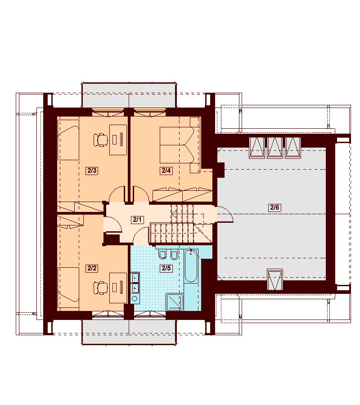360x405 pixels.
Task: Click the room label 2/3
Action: [x=92, y=171]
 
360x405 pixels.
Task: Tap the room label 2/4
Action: [x=166, y=171]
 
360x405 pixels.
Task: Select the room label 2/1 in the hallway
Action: [x=137, y=220]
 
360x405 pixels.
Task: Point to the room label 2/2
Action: [x=92, y=268]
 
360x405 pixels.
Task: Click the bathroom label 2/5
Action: [x=166, y=268]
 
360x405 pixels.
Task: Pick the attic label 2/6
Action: [x=274, y=207]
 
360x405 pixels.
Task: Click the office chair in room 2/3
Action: [x=101, y=140]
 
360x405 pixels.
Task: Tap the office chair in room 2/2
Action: [x=101, y=288]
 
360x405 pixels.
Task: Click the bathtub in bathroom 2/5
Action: [x=191, y=266]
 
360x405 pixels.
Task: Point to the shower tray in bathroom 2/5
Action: [x=175, y=302]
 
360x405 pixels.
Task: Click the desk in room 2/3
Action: [x=118, y=140]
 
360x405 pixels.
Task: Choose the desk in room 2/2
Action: [x=118, y=288]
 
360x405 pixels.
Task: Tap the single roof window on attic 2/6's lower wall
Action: [x=275, y=279]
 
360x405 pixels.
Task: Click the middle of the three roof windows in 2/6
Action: [x=275, y=148]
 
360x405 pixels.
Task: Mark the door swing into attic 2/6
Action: [x=225, y=214]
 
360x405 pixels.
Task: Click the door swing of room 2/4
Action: [x=141, y=193]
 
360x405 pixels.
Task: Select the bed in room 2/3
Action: [x=68, y=140]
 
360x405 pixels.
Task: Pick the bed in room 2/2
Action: [x=68, y=288]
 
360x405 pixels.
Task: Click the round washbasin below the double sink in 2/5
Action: [x=135, y=299]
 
